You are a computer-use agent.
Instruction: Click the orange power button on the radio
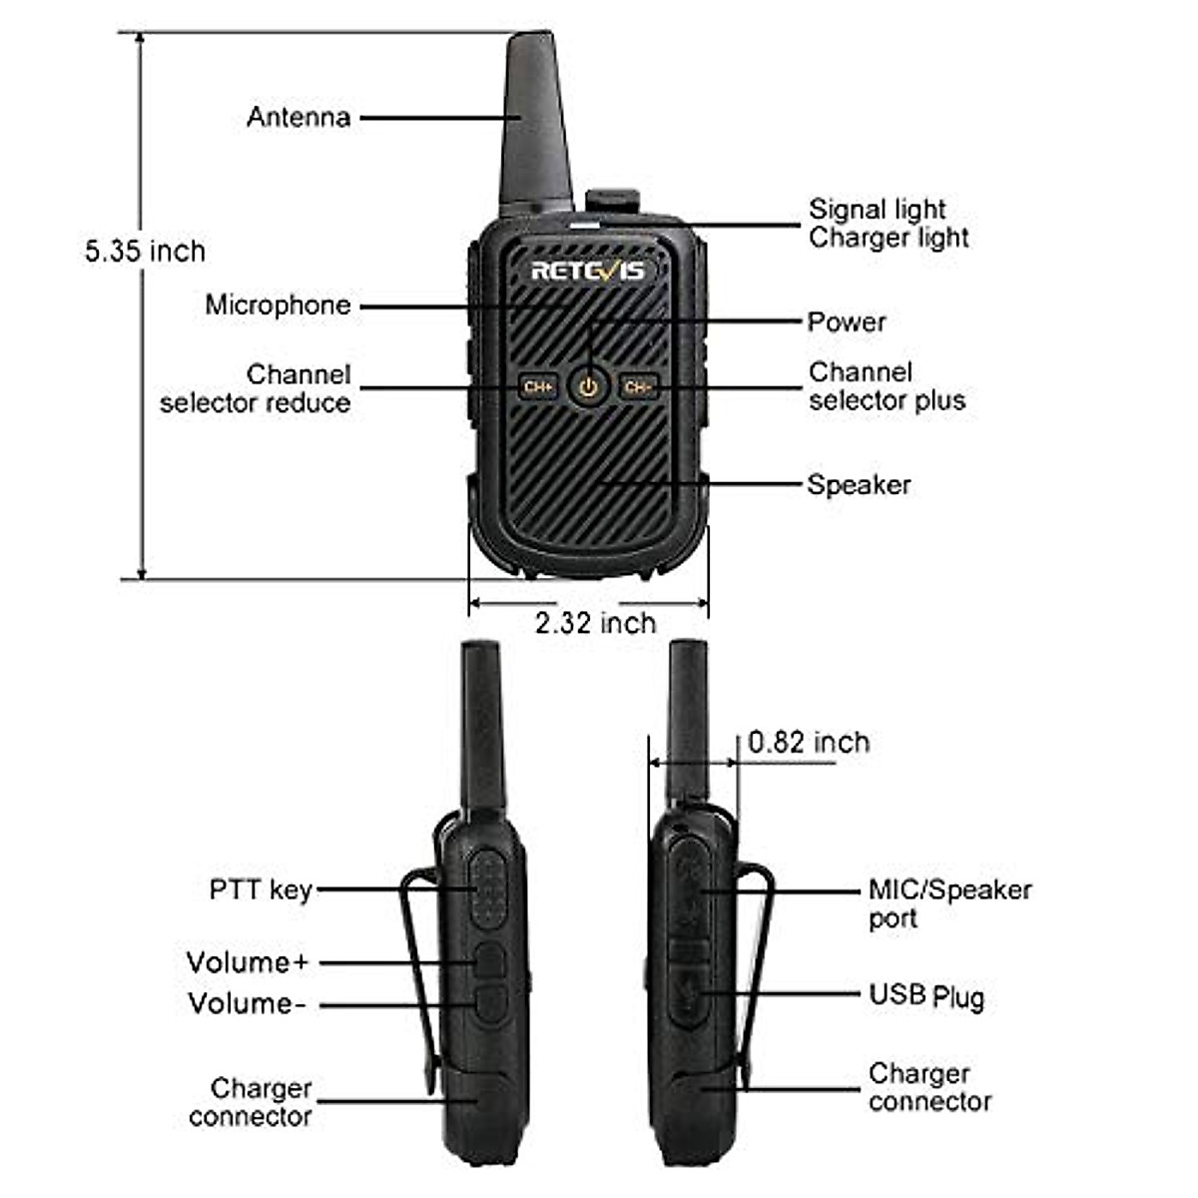point(589,386)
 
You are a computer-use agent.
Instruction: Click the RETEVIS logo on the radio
point(587,271)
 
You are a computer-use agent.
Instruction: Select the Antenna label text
point(299,117)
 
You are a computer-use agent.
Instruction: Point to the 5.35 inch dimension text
point(145,251)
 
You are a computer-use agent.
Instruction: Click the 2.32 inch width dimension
point(595,623)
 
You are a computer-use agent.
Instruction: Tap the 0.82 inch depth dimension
point(809,742)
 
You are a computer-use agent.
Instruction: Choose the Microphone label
point(278,304)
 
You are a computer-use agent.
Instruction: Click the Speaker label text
point(859,485)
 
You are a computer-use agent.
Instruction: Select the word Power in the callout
point(847,321)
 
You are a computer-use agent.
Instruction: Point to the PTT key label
point(261,890)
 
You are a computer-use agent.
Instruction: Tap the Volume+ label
point(247,962)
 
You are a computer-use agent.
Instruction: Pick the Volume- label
point(246,1003)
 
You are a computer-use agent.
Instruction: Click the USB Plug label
point(925,995)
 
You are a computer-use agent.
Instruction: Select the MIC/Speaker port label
point(948,903)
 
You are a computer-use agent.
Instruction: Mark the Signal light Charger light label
point(888,224)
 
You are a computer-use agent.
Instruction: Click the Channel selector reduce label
point(256,388)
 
